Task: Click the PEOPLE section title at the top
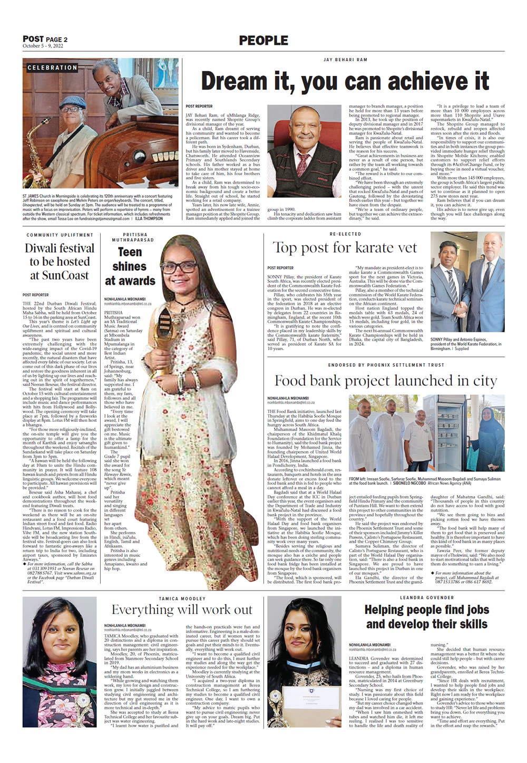click(263, 41)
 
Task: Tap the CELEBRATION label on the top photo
click(52, 67)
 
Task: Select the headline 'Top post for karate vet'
click(345, 248)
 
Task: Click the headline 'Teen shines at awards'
click(130, 266)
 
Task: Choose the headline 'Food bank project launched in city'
click(386, 381)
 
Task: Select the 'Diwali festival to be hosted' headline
click(60, 262)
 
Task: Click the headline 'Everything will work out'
click(182, 610)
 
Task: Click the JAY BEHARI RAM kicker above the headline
click(345, 60)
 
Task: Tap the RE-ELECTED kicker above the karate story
click(345, 234)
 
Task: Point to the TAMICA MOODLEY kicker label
click(182, 599)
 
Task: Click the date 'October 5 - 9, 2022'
click(43, 46)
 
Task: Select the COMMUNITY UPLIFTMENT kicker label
click(60, 235)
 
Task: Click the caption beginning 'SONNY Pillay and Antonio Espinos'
click(466, 344)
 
